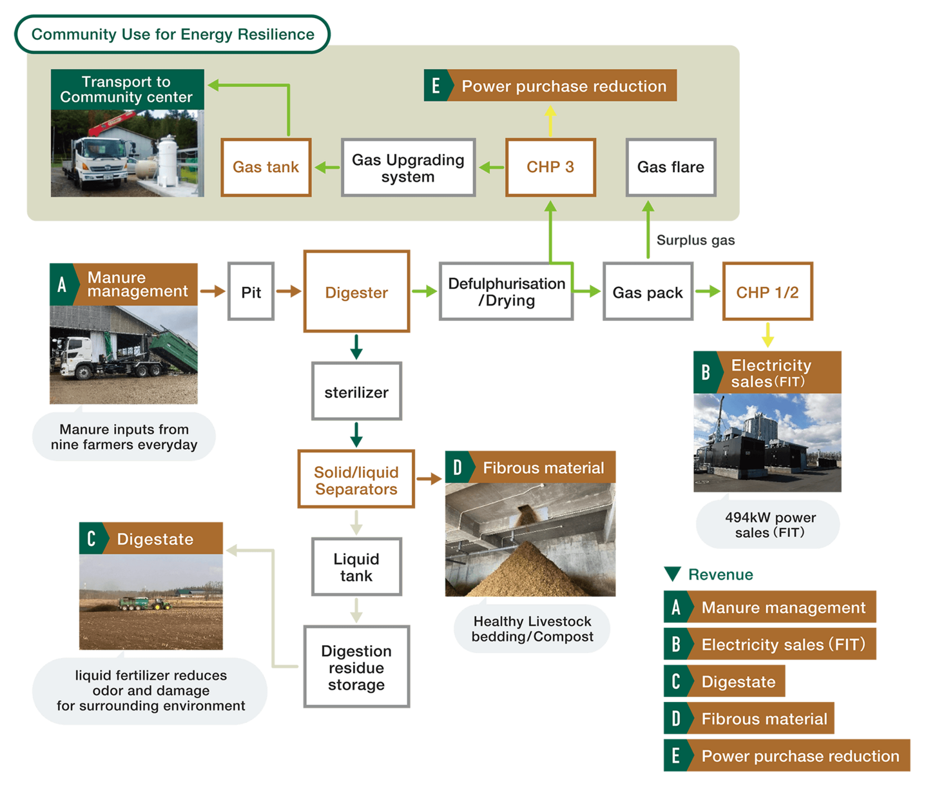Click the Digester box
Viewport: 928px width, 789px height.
(356, 292)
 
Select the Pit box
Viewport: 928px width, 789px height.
(251, 292)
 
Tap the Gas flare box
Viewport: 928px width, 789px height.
(670, 167)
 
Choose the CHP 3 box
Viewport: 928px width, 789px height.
(550, 167)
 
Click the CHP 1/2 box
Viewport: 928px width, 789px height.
(767, 292)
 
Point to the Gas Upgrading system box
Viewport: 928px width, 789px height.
(408, 168)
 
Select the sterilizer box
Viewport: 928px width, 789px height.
(356, 392)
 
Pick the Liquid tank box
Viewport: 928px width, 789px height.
(356, 567)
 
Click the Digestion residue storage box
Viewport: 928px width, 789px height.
(356, 667)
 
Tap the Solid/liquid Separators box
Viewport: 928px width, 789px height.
(356, 480)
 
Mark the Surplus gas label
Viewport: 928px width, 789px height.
(695, 240)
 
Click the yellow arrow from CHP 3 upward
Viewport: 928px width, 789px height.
(550, 121)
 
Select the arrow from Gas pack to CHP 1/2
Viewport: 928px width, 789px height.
(708, 292)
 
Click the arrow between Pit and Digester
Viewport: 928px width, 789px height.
(289, 292)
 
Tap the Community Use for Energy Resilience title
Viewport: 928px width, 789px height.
(173, 34)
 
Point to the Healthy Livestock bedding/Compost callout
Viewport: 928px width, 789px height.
(532, 629)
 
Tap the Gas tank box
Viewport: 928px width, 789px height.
(266, 168)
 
